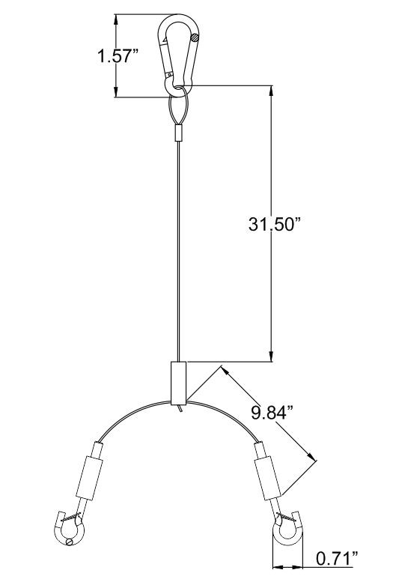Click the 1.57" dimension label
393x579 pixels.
(x=118, y=56)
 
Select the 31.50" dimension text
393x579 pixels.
(x=275, y=224)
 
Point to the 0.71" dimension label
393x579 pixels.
(x=338, y=558)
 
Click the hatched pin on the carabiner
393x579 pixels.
(x=195, y=37)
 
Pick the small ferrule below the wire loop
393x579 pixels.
(x=179, y=133)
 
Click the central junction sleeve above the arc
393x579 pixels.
(x=179, y=383)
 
